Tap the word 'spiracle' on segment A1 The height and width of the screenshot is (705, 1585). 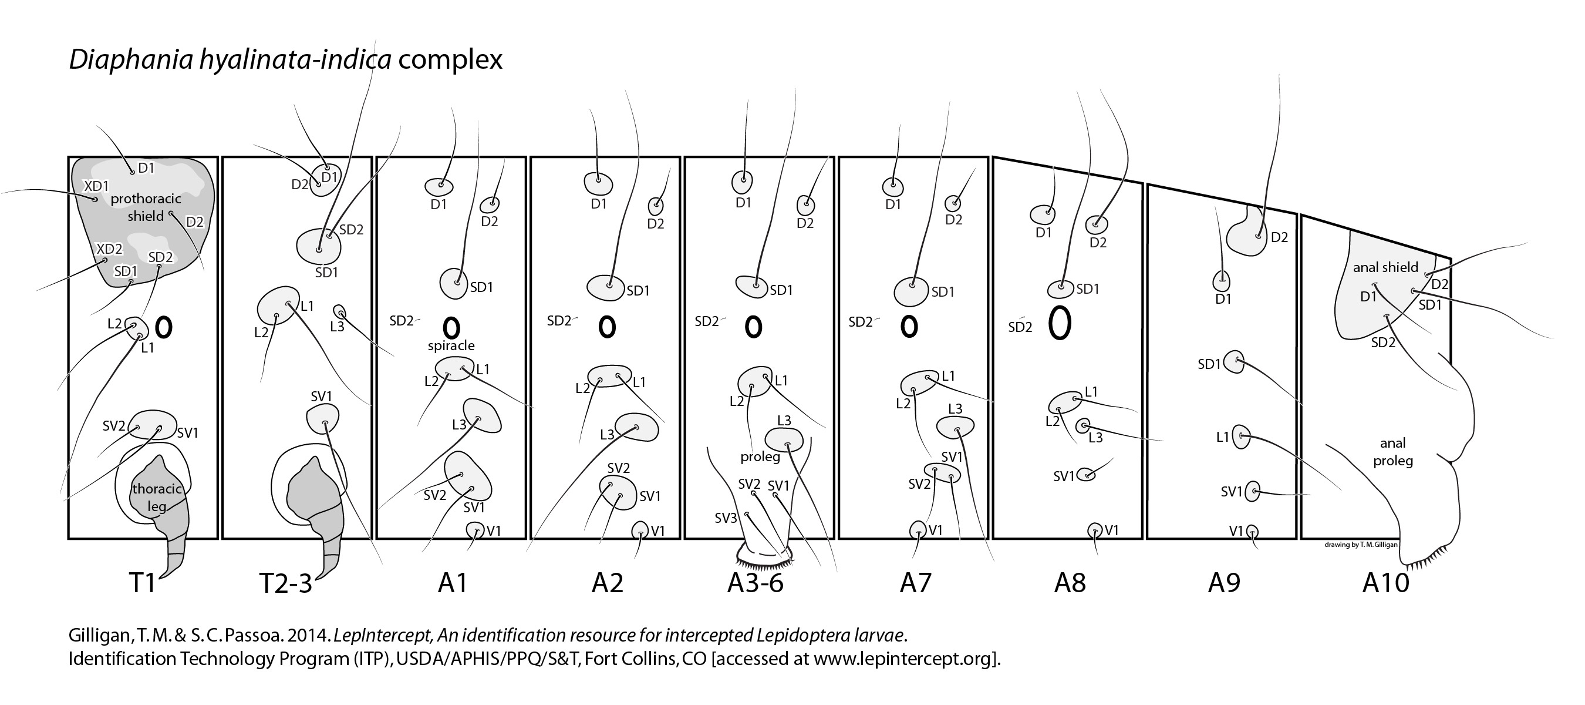451,345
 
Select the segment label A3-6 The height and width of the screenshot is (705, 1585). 755,582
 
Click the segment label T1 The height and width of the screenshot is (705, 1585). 142,582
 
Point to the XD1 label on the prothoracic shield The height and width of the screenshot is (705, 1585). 96,186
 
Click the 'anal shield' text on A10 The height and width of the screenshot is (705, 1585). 1385,267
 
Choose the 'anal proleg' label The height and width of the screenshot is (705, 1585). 1392,451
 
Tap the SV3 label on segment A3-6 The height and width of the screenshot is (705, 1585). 726,518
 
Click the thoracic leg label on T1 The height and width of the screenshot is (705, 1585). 157,498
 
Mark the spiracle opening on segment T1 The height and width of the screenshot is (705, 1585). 164,327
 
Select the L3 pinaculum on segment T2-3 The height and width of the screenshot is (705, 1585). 339,313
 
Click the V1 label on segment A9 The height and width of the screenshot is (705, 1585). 1236,530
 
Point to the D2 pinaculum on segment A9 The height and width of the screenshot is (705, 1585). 1247,234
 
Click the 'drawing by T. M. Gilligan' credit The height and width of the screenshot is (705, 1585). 1360,544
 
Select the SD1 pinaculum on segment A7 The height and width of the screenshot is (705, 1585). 912,291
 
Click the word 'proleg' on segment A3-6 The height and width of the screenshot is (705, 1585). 760,457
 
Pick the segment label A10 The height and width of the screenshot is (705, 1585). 1385,582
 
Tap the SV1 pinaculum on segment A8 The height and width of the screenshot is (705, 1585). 1087,474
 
